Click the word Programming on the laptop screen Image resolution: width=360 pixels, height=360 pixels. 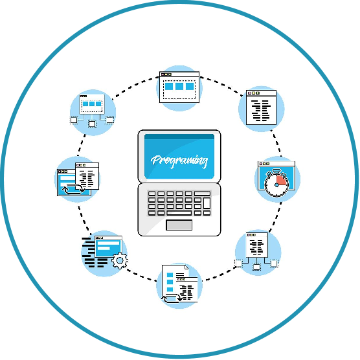tap(179, 161)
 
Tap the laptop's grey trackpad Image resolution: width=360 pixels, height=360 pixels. tap(179, 225)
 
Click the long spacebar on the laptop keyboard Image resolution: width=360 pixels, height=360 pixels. tap(179, 213)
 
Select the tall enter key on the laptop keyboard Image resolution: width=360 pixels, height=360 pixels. tap(207, 203)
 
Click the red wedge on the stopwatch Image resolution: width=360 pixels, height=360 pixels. tap(282, 180)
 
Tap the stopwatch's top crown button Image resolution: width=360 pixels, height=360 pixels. tap(276, 171)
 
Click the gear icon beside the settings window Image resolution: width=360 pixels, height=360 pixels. tap(120, 260)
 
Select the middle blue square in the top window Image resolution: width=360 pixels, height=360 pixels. tap(179, 86)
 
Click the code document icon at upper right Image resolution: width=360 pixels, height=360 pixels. tap(261, 107)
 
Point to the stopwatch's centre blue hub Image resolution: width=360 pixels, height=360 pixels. tap(276, 185)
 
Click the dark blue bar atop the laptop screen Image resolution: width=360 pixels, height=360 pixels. tap(179, 137)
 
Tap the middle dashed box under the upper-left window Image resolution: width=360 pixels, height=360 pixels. tap(92, 124)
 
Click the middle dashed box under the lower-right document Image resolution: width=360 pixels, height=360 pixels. tap(256, 267)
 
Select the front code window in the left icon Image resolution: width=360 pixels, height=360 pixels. tap(87, 176)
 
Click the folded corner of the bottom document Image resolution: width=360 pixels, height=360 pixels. tap(186, 267)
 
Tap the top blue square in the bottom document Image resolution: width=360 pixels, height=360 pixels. tap(170, 275)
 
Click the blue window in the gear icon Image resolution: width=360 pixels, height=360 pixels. tap(108, 247)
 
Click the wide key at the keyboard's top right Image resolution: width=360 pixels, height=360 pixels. tap(202, 194)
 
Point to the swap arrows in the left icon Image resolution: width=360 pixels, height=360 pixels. tap(74, 189)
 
